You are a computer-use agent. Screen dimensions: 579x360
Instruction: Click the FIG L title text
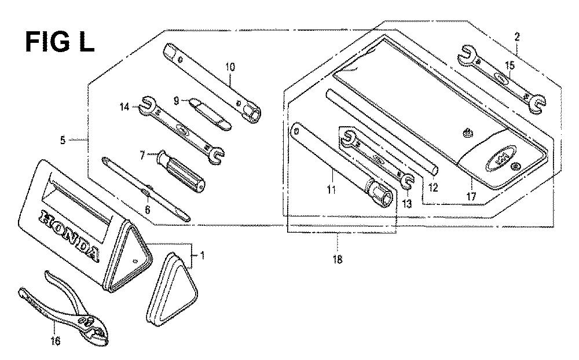[60, 41]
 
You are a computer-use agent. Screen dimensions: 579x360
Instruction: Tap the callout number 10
[230, 67]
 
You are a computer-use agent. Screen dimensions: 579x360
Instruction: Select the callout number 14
[124, 107]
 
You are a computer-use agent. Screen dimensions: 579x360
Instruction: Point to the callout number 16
[55, 341]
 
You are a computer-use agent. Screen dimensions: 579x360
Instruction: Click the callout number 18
[338, 259]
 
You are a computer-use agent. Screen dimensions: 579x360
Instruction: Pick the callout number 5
[63, 140]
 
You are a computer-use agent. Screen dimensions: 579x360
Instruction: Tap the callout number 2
[517, 36]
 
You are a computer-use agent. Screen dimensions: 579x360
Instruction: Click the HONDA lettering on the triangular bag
[69, 236]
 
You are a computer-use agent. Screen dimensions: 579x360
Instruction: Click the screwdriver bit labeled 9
[211, 114]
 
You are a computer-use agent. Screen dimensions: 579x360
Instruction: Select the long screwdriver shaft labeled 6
[146, 189]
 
